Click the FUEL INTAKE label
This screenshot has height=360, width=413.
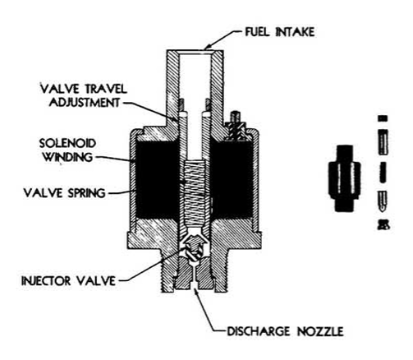(x=279, y=32)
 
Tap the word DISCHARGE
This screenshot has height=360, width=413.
(x=259, y=331)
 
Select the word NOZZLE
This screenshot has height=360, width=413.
(x=320, y=331)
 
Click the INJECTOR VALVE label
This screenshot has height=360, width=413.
(x=69, y=281)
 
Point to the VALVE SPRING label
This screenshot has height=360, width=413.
(x=65, y=193)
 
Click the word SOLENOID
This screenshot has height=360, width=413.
(x=67, y=143)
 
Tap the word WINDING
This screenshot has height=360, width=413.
(x=68, y=157)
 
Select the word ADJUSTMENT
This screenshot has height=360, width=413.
(x=85, y=102)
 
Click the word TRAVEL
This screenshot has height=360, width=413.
(x=105, y=89)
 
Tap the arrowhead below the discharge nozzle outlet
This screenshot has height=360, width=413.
(x=196, y=291)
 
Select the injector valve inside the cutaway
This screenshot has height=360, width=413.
(x=194, y=246)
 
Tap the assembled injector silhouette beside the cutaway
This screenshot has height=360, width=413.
(x=344, y=178)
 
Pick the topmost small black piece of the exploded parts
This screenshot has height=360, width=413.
(x=383, y=118)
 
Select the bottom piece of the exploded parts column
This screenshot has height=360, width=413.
(x=383, y=224)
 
